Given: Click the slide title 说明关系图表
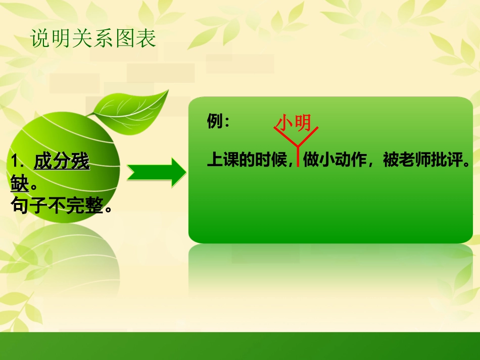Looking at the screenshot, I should tap(93, 39).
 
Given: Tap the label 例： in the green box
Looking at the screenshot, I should tap(218, 122).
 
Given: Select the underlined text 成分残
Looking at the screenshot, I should tap(62, 162).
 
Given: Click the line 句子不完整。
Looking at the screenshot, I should tap(61, 205).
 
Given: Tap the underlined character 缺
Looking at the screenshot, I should tap(19, 183).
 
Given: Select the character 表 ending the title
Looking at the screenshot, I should tap(147, 39).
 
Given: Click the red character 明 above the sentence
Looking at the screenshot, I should tap(303, 123).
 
